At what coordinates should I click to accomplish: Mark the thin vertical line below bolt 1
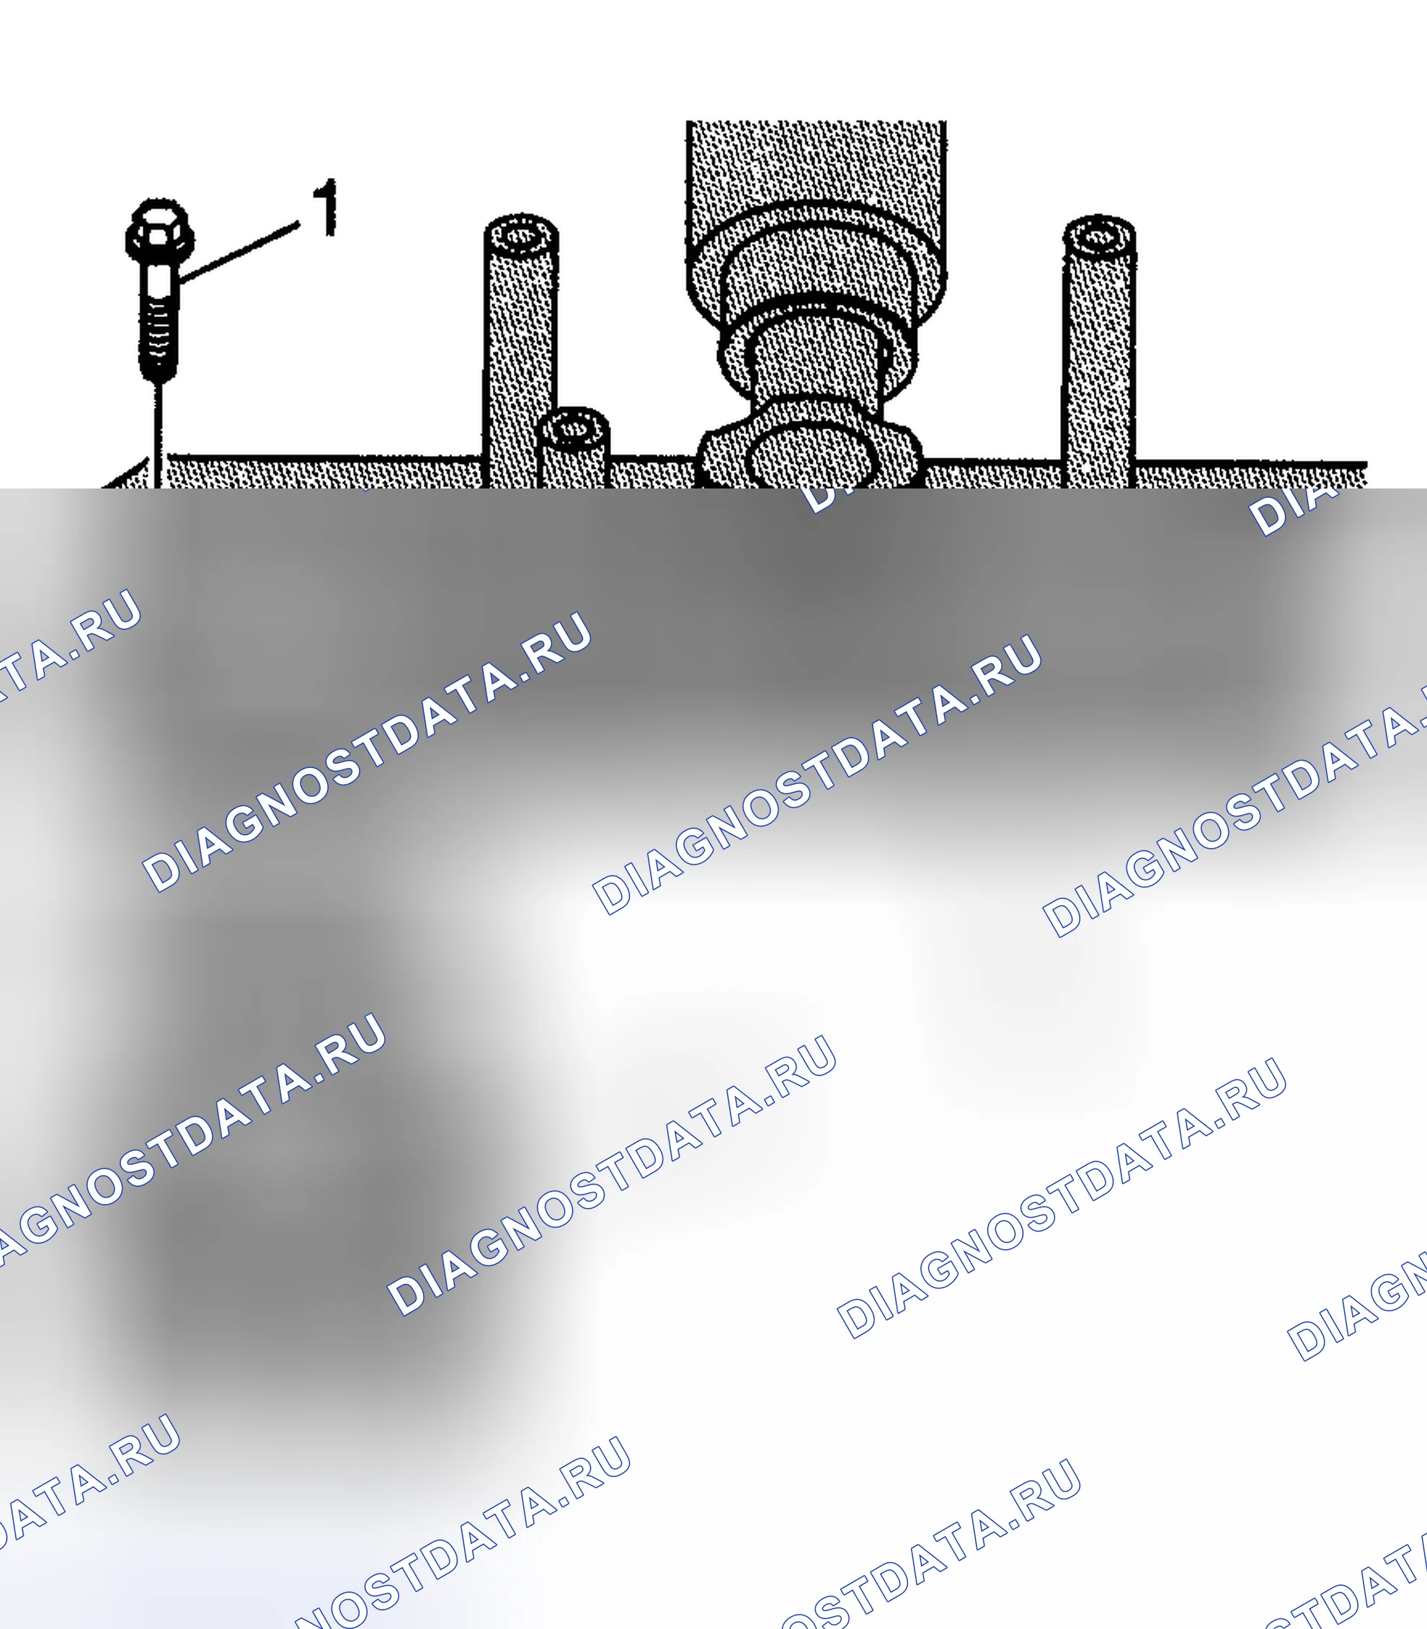click(159, 434)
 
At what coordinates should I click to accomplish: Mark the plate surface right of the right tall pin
click(1250, 476)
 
